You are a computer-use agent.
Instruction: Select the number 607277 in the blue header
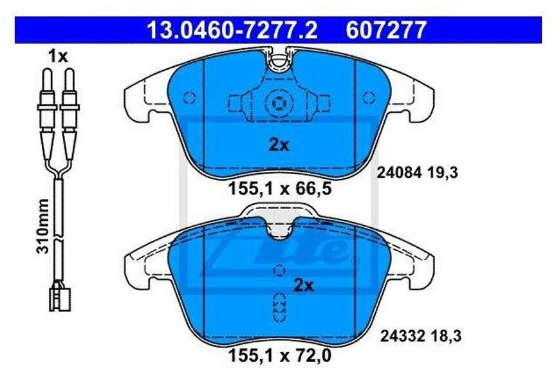(x=385, y=30)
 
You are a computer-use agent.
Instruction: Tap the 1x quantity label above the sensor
(x=57, y=57)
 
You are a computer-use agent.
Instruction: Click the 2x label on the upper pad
(x=279, y=145)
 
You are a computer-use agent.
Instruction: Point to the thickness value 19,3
(x=434, y=172)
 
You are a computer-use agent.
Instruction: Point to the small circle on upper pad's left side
(x=189, y=98)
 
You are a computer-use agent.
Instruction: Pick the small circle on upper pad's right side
(x=369, y=98)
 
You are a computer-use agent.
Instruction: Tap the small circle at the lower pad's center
(x=279, y=270)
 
